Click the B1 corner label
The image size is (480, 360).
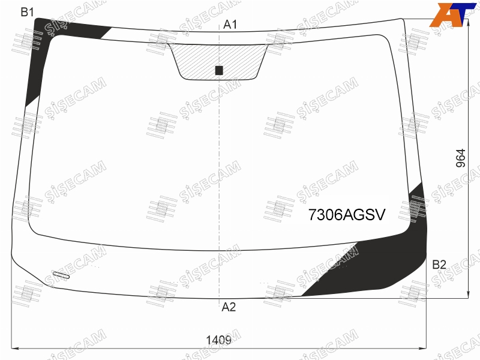pos(27,12)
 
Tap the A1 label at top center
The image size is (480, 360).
pos(230,25)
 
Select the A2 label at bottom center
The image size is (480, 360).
pos(229,307)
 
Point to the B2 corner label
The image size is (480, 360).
pos(439,265)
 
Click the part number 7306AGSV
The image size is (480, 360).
pos(347,215)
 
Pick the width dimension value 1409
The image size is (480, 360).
pos(218,340)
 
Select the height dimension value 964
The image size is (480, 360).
pos(461,158)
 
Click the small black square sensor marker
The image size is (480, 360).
pos(219,70)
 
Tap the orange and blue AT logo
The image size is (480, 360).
pos(452,14)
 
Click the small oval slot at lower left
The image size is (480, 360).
pos(61,275)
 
